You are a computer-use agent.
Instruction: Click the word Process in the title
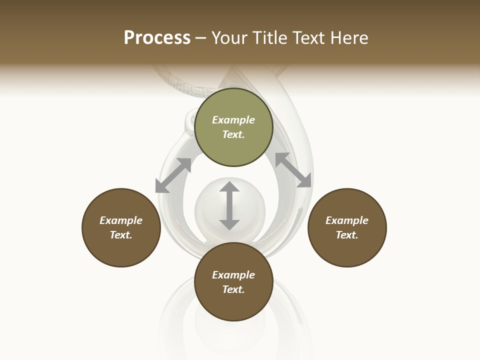157,38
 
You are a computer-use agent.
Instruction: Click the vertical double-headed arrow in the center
229,206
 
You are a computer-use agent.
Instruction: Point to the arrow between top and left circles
173,175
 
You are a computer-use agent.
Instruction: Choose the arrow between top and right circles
293,170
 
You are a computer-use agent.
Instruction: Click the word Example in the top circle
233,120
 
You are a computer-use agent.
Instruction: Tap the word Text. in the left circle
121,235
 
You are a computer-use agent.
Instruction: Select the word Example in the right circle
347,220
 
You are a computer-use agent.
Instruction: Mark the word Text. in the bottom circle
233,289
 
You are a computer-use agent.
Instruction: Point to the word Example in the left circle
121,220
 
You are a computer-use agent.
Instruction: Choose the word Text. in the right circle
347,235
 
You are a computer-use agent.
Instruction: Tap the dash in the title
201,38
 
